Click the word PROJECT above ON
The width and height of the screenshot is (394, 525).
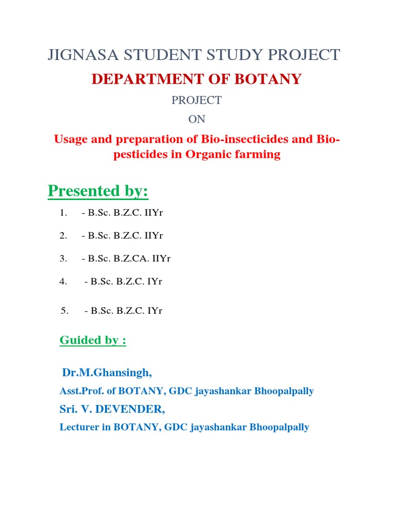pyautogui.click(x=196, y=100)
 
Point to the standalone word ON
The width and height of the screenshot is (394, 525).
pyautogui.click(x=196, y=119)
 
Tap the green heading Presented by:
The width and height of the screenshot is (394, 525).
pyautogui.click(x=98, y=191)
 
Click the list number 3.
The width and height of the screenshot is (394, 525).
pyautogui.click(x=63, y=259)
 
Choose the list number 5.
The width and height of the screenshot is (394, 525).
pyautogui.click(x=65, y=310)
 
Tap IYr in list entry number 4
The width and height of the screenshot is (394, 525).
pyautogui.click(x=154, y=281)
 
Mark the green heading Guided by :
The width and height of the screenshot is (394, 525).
pyautogui.click(x=93, y=340)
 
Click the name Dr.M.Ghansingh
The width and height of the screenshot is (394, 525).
pyautogui.click(x=107, y=372)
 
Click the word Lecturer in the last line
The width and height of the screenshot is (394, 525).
pyautogui.click(x=79, y=427)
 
